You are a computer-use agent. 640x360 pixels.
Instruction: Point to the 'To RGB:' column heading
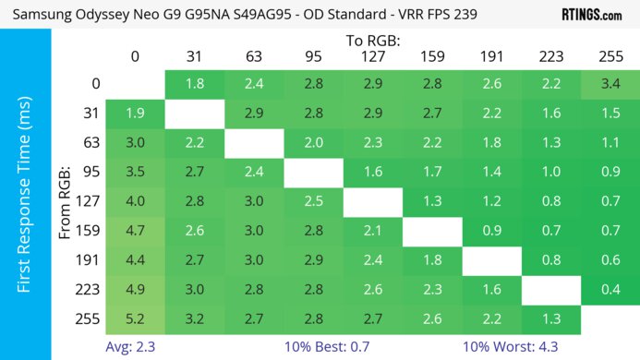[x=371, y=41]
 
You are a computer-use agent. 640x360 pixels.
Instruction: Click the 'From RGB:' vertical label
[x=66, y=201]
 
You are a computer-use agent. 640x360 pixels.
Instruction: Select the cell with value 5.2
[x=135, y=318]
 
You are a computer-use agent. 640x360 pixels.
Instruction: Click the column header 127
[x=371, y=57]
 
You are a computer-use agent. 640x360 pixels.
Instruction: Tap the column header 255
[x=609, y=57]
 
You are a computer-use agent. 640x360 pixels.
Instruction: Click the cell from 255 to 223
[x=549, y=318]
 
